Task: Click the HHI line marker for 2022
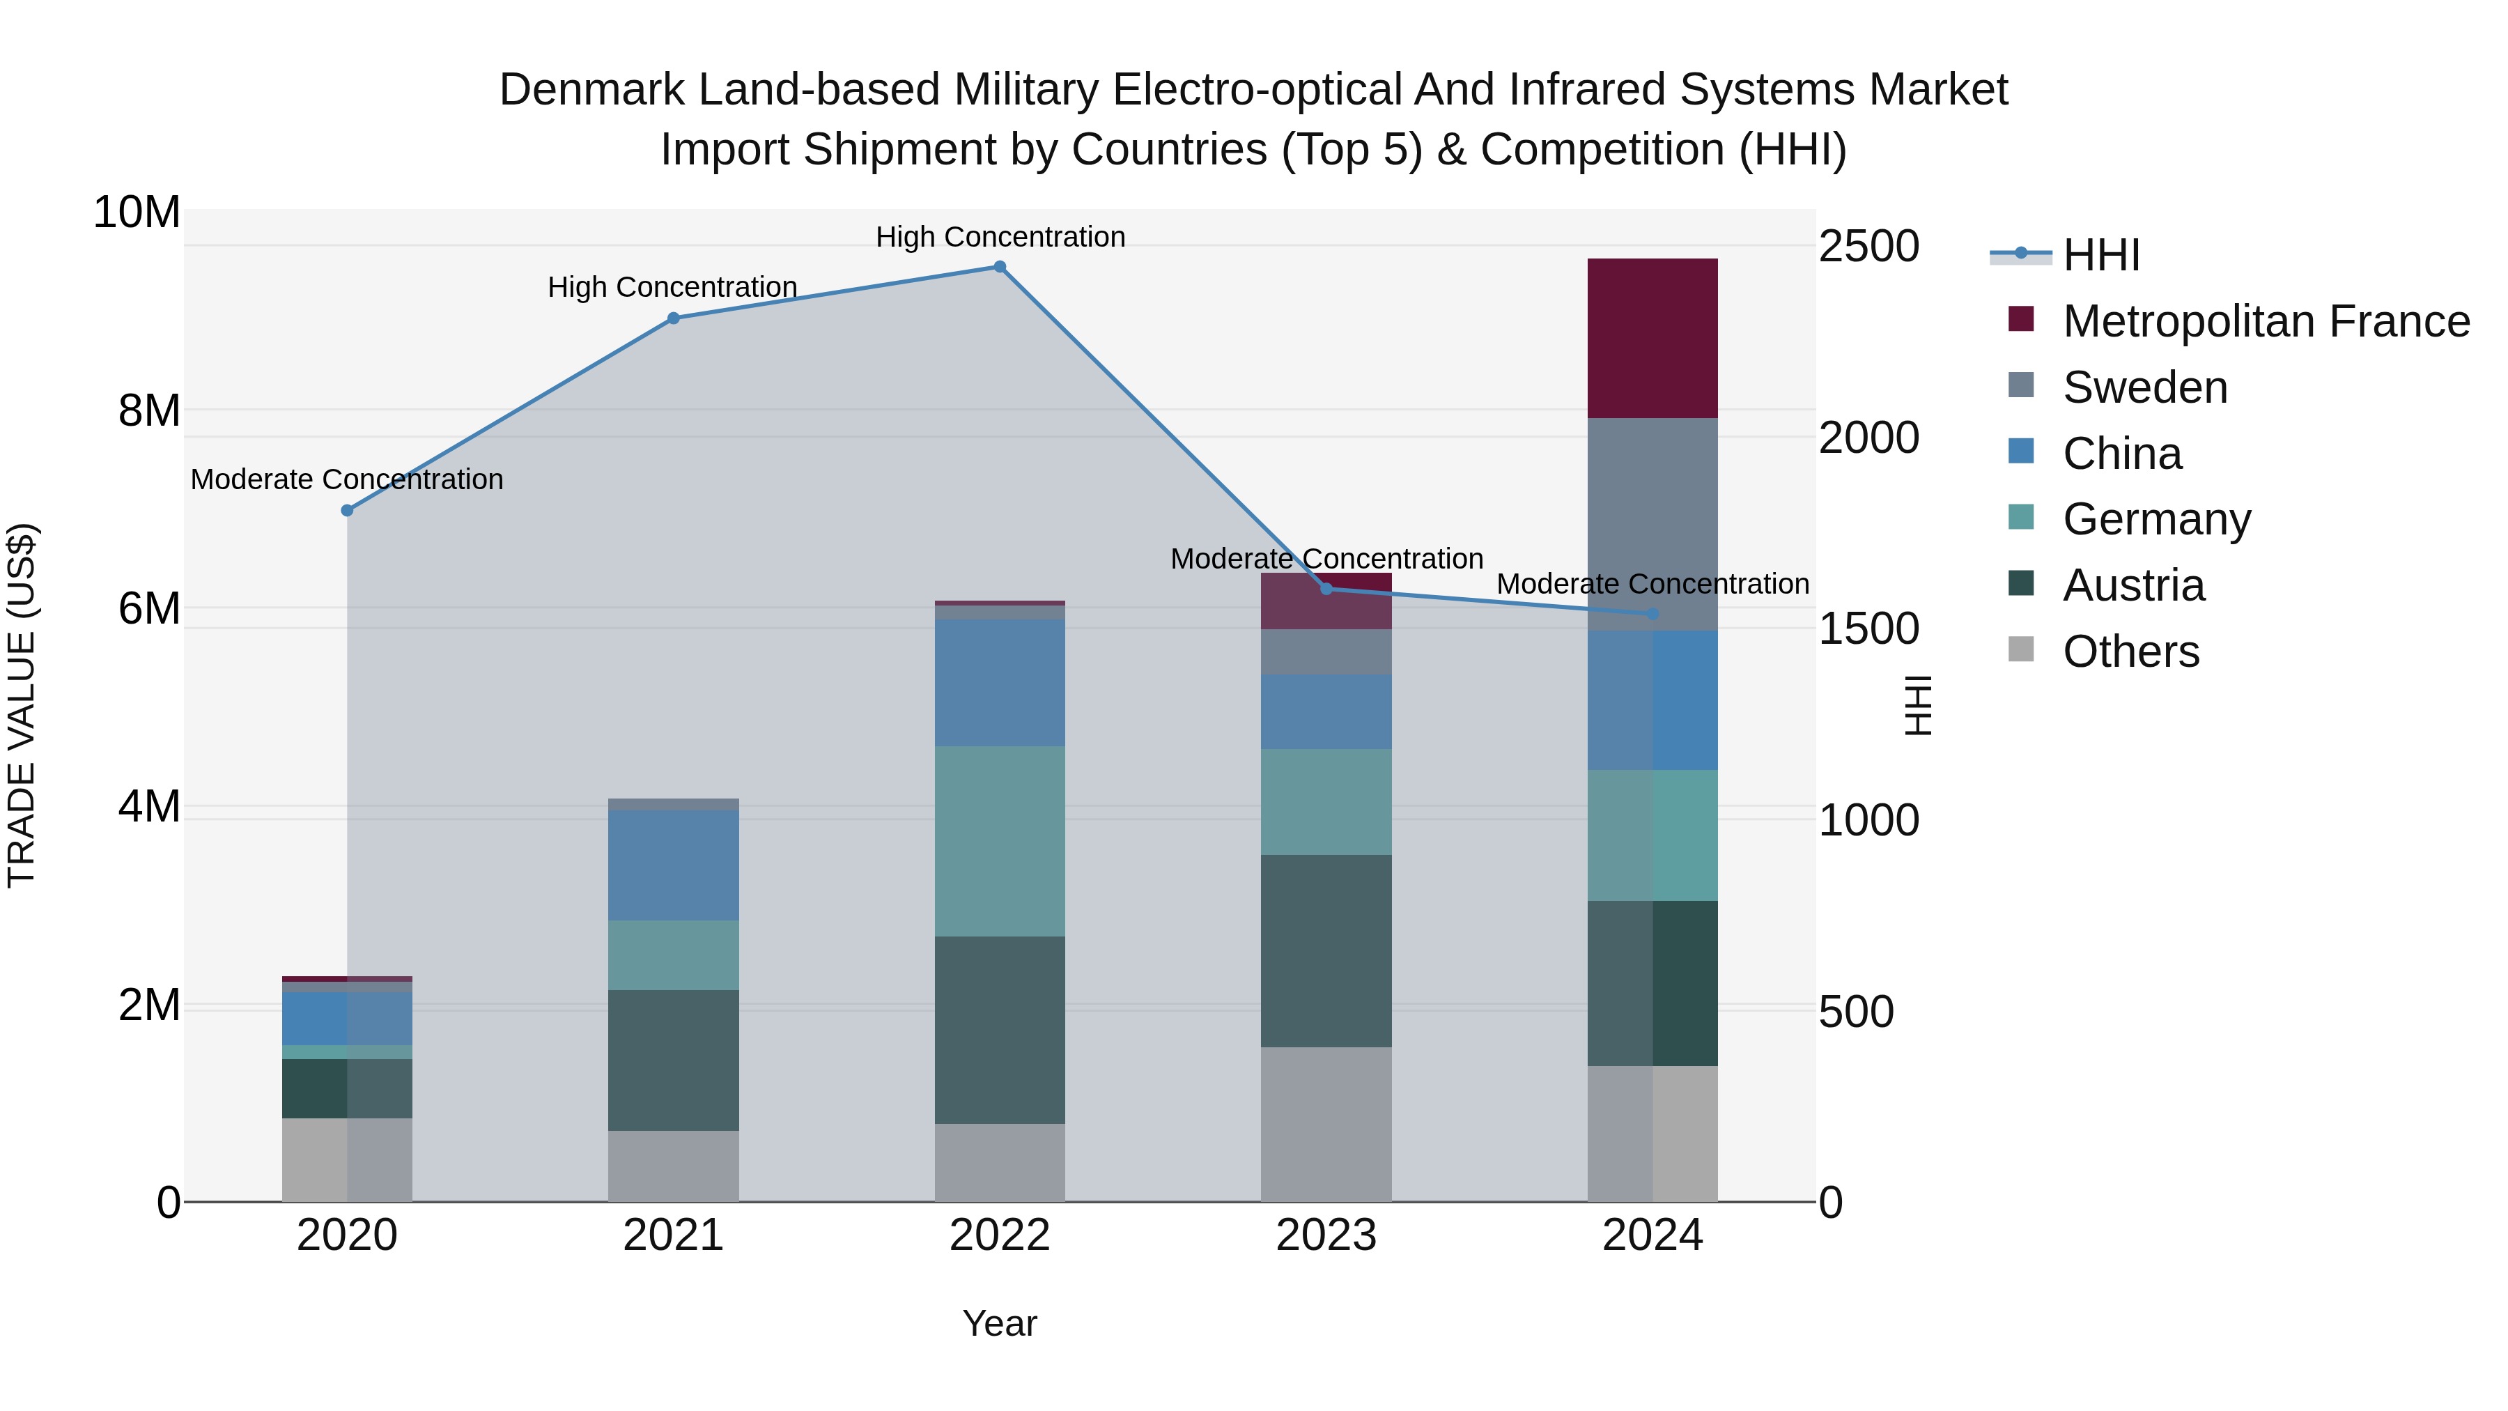pyautogui.click(x=1000, y=267)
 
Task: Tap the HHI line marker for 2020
pyautogui.click(x=348, y=510)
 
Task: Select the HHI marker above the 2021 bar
pyautogui.click(x=674, y=318)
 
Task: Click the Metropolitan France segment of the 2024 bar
pyautogui.click(x=1652, y=338)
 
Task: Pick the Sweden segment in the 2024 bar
pyautogui.click(x=1652, y=524)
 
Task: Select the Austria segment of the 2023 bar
pyautogui.click(x=1326, y=950)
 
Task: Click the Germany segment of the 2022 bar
pyautogui.click(x=1000, y=841)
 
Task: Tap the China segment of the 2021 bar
pyautogui.click(x=674, y=865)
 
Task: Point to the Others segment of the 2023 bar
pyautogui.click(x=1326, y=1124)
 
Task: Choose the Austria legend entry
pyautogui.click(x=2133, y=585)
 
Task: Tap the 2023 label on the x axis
pyautogui.click(x=1326, y=1235)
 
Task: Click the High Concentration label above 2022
pyautogui.click(x=1000, y=237)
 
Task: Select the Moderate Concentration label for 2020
pyautogui.click(x=348, y=479)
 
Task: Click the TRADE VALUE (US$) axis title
pyautogui.click(x=22, y=705)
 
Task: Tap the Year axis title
pyautogui.click(x=1000, y=1323)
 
